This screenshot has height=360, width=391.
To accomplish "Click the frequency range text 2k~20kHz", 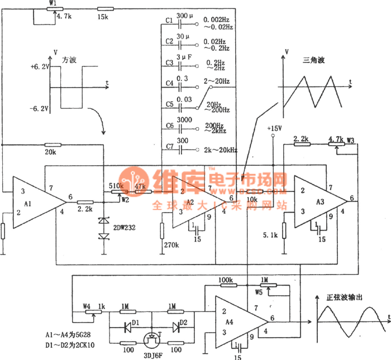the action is (221, 150).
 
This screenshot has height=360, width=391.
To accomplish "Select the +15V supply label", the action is (274, 128).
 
